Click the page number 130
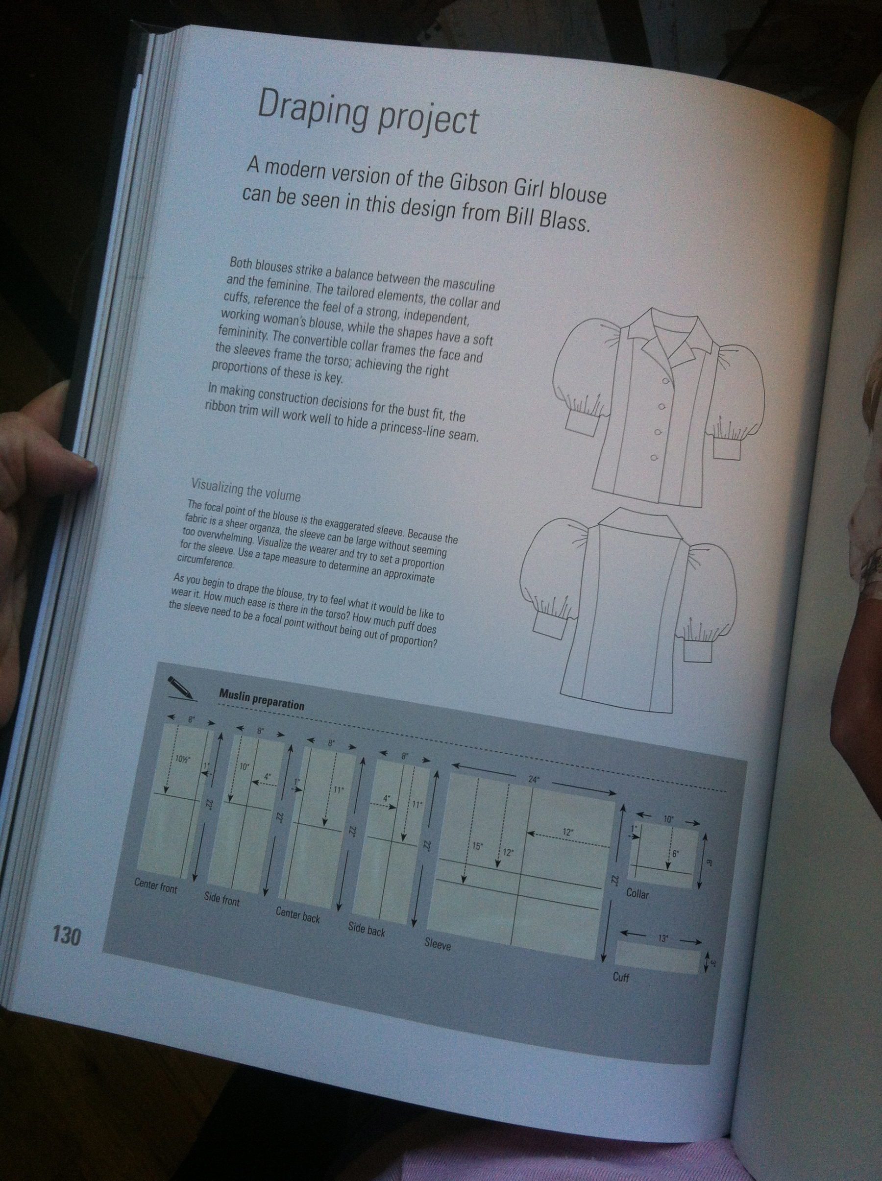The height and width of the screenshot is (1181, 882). pyautogui.click(x=66, y=936)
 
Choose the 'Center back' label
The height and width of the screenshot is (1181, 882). pyautogui.click(x=297, y=914)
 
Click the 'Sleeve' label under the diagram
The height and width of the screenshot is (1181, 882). pyautogui.click(x=438, y=944)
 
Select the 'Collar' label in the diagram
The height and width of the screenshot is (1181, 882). pyautogui.click(x=637, y=893)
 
